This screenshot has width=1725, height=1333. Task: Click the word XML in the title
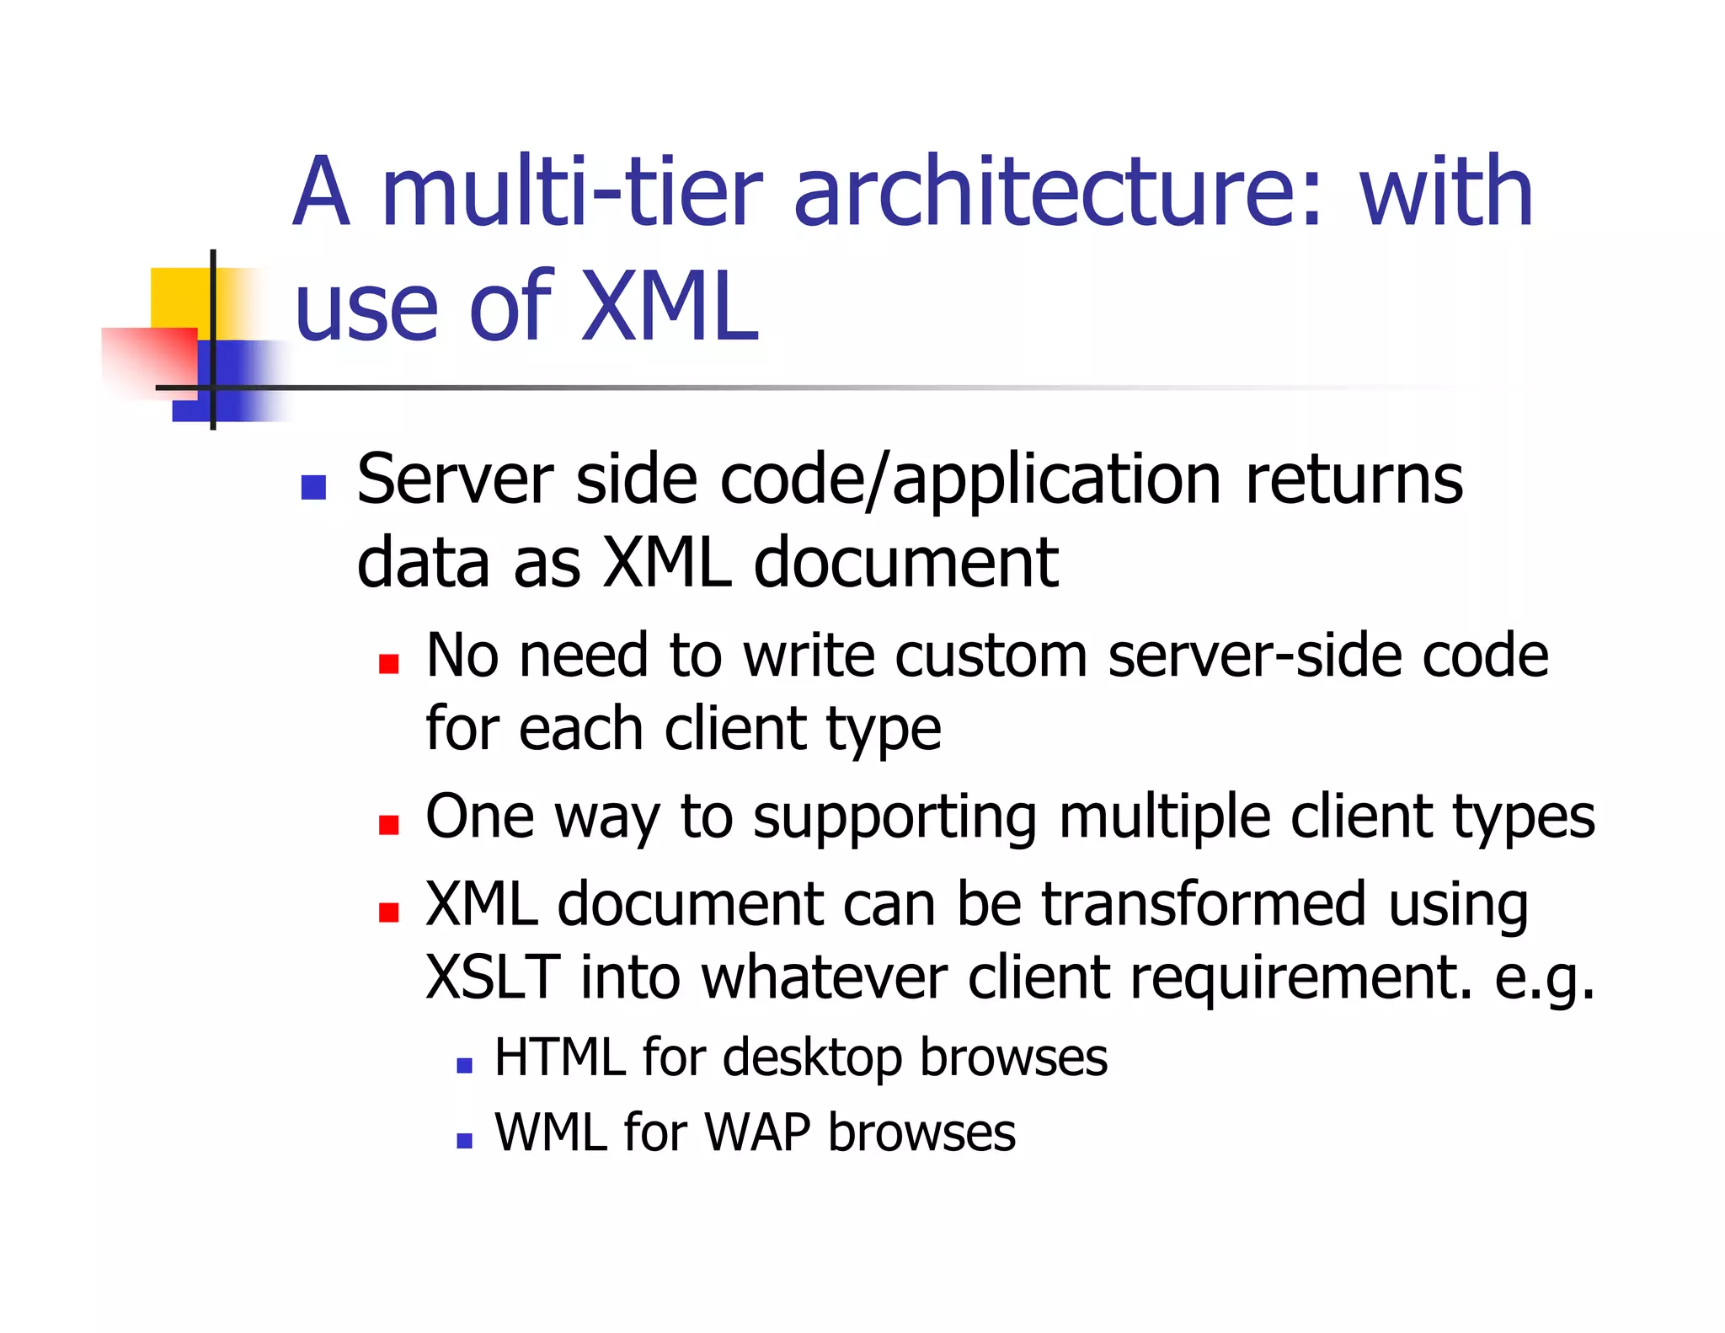click(x=670, y=308)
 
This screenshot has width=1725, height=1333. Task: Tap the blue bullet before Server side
click(x=313, y=487)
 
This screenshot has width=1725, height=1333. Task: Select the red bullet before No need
click(x=388, y=664)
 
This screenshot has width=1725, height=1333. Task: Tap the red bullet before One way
click(x=388, y=824)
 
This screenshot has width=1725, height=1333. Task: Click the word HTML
click(x=560, y=1057)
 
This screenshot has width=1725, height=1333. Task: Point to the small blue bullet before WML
click(x=464, y=1141)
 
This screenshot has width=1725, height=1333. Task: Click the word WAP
click(x=756, y=1132)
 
